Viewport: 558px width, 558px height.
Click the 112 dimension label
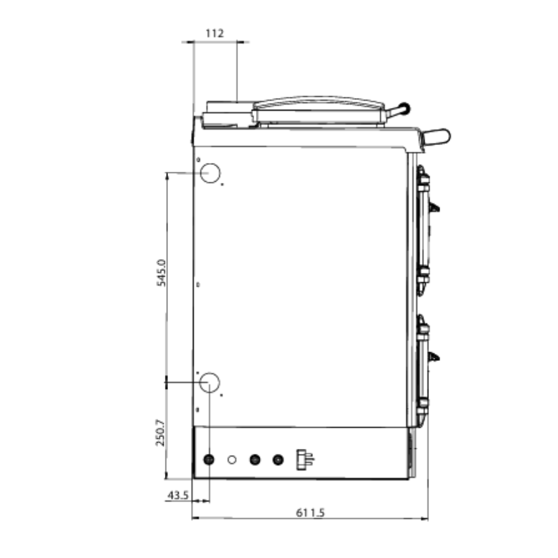coord(215,33)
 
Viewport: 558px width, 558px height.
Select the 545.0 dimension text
coord(161,273)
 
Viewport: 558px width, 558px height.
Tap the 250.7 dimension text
coord(161,433)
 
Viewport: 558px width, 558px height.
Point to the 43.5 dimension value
coord(177,495)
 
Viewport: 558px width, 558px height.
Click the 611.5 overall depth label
coord(311,513)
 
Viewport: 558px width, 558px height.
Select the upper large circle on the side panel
coord(210,173)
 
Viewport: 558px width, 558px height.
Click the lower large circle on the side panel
coord(210,383)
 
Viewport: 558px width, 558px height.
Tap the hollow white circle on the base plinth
coord(232,460)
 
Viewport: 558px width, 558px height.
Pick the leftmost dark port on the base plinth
coord(209,459)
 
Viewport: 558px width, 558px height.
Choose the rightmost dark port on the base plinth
coord(278,460)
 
